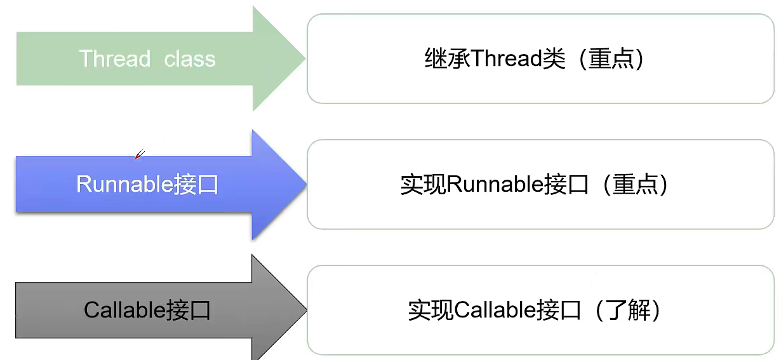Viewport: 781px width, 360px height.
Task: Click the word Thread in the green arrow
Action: [115, 59]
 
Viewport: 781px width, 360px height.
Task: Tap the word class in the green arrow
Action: [190, 59]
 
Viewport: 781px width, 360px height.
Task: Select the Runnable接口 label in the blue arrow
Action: [147, 184]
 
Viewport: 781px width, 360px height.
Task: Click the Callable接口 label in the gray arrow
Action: [147, 310]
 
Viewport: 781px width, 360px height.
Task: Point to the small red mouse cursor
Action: [140, 154]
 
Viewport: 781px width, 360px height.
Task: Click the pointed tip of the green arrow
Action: [304, 59]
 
